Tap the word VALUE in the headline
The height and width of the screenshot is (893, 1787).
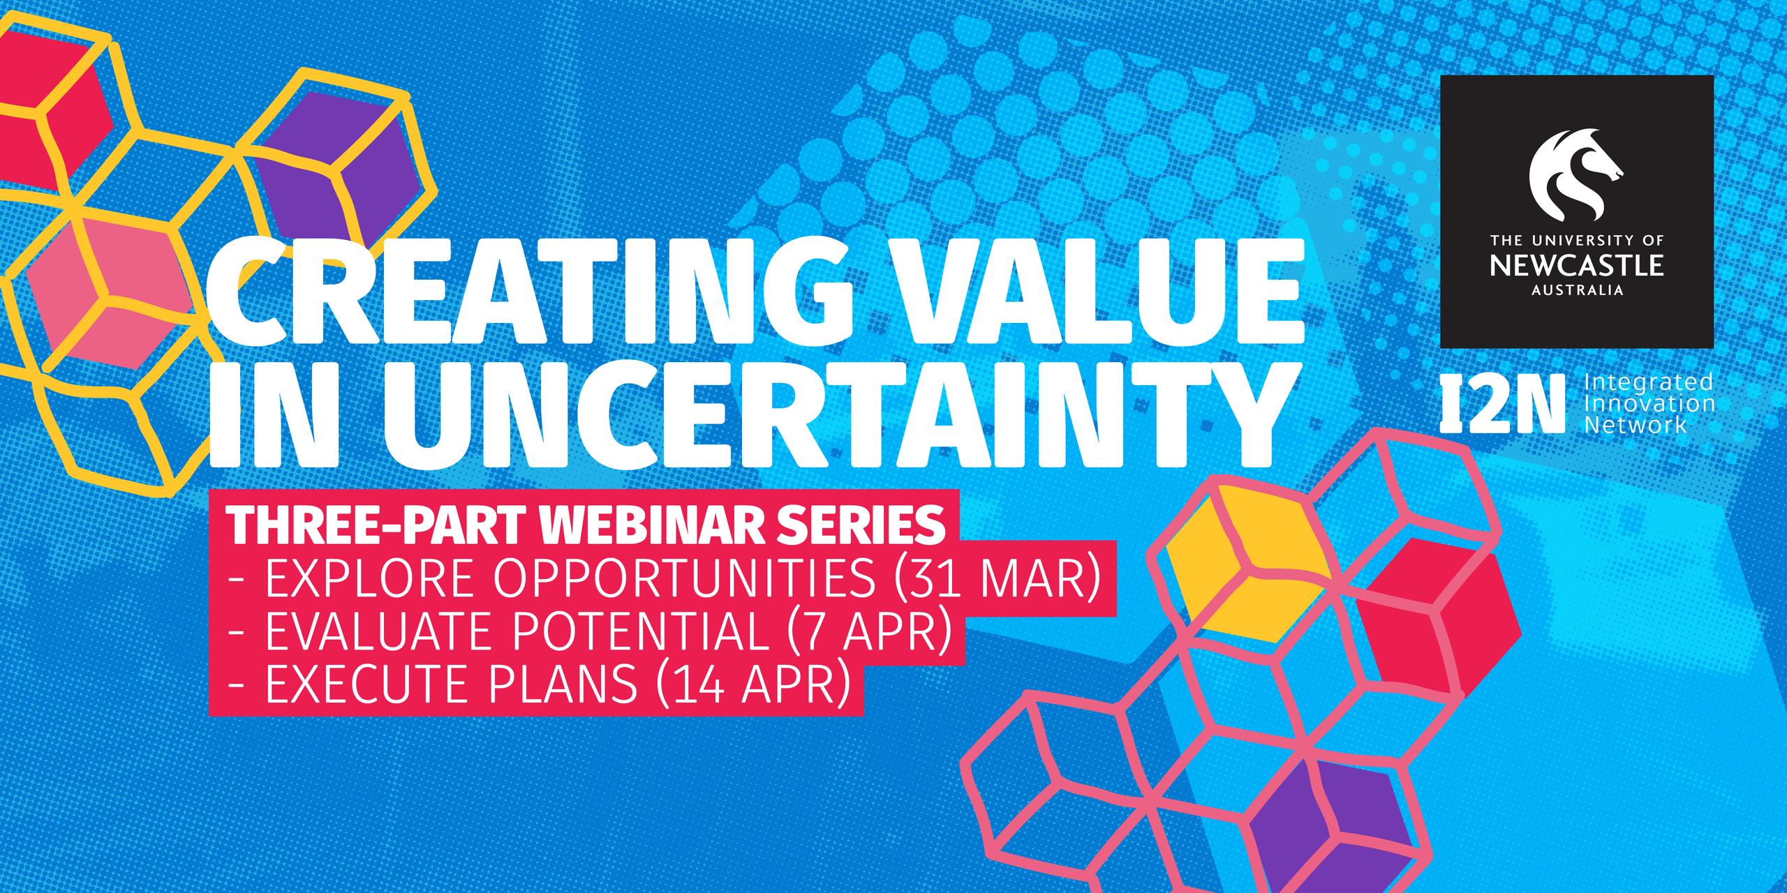(x=1099, y=292)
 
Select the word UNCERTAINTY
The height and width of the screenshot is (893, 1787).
(x=842, y=414)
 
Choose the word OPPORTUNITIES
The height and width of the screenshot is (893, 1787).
(x=684, y=578)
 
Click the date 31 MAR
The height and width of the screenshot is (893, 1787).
(x=998, y=578)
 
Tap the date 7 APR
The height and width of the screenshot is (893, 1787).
(x=870, y=631)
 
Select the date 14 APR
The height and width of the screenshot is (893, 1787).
(x=754, y=684)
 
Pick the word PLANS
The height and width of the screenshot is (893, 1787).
(x=563, y=684)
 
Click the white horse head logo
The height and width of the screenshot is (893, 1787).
(x=1575, y=174)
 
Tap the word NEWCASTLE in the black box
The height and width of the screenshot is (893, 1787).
(x=1577, y=265)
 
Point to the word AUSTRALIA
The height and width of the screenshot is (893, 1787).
(x=1577, y=290)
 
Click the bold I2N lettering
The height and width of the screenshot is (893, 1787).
(x=1503, y=404)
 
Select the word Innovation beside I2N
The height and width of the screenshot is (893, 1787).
(x=1649, y=403)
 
